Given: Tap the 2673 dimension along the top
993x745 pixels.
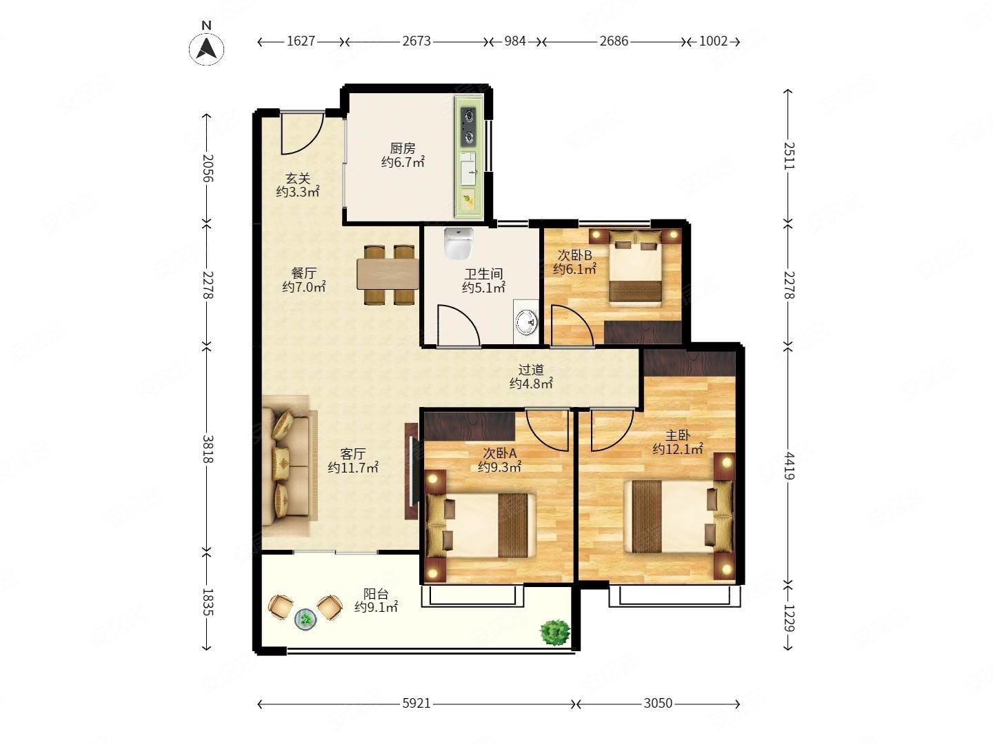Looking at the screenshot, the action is click(x=417, y=41).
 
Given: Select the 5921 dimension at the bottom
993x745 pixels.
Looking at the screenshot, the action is click(x=417, y=704).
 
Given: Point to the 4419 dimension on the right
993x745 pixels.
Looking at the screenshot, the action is click(x=789, y=466).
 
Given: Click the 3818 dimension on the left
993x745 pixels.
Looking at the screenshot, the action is click(x=208, y=448).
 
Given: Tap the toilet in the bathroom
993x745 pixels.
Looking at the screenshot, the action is click(x=459, y=244).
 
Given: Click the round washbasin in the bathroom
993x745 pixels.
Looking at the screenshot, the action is click(x=527, y=321).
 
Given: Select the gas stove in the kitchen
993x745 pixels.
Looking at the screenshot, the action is click(x=469, y=127).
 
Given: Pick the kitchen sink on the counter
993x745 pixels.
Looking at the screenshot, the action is click(x=468, y=168).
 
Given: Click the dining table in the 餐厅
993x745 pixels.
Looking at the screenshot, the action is click(x=388, y=274).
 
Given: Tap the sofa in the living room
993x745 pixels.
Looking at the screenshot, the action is click(x=290, y=466).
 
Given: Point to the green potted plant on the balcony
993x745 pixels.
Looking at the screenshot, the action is click(x=555, y=633).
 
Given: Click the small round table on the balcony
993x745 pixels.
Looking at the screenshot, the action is click(x=305, y=619).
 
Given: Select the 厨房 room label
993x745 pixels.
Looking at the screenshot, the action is click(x=403, y=148).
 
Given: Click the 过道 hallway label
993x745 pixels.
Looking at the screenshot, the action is click(x=531, y=370).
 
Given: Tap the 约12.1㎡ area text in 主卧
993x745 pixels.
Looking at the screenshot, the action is click(x=677, y=448).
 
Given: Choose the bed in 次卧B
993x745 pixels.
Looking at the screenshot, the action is click(x=636, y=268).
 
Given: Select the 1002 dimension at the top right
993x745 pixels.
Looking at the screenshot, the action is click(x=714, y=41).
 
